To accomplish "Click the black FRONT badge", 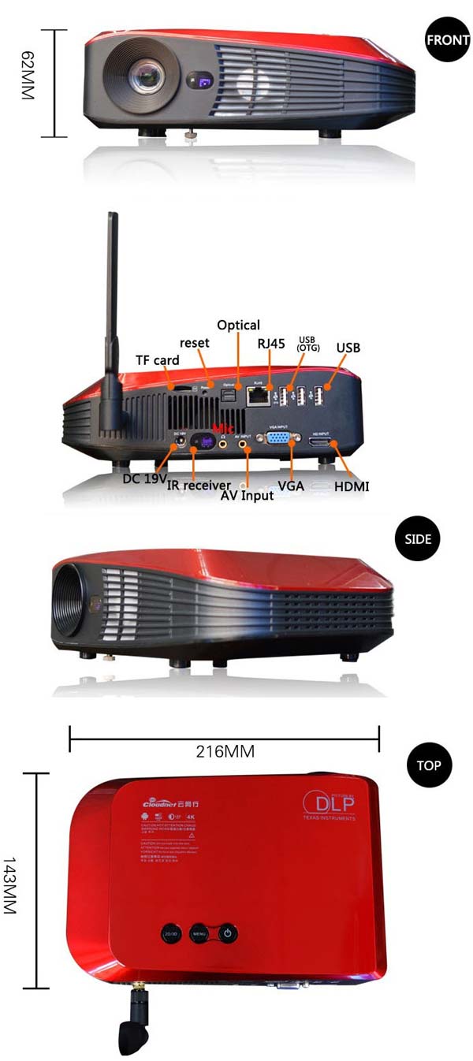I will click(447, 39).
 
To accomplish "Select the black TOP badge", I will click(429, 764).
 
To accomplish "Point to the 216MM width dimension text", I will click(225, 751).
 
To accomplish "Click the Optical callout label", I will click(238, 325).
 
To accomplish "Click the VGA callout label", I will click(291, 486).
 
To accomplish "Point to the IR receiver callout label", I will click(199, 486).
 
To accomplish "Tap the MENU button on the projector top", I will click(199, 933).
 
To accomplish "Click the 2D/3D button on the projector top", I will click(170, 933).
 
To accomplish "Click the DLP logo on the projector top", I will click(330, 805).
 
